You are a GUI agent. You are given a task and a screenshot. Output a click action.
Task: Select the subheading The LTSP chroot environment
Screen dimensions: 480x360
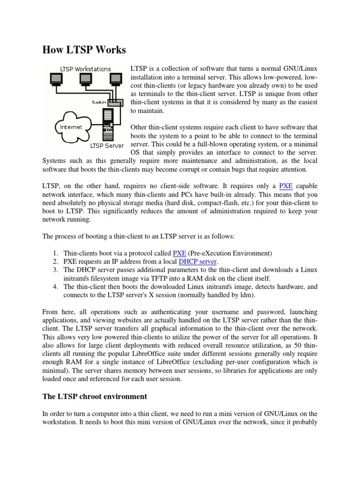coord(95,397)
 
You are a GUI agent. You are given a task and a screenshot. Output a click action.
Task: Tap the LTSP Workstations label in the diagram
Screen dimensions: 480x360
coord(85,69)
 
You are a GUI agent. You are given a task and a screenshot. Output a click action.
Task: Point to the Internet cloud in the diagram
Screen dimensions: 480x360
coord(71,127)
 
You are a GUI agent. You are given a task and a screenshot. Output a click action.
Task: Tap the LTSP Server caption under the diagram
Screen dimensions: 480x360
coord(107,145)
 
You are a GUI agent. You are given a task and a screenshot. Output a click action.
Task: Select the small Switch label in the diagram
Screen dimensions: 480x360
coord(98,102)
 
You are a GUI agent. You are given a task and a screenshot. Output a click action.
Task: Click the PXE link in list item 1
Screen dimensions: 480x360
coord(180,253)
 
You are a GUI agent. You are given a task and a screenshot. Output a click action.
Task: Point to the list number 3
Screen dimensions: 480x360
coord(55,270)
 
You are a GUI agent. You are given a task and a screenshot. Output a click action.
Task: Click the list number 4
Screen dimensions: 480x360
coord(55,287)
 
